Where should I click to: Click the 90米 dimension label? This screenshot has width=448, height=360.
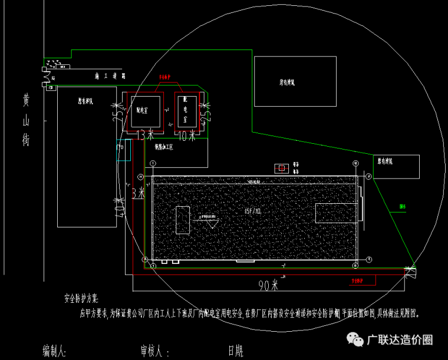pyautogui.click(x=268, y=285)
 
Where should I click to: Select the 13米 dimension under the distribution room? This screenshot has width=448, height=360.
pyautogui.click(x=144, y=136)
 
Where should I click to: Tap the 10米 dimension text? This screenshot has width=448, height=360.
pyautogui.click(x=186, y=136)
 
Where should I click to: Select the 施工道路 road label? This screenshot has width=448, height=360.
pyautogui.click(x=111, y=77)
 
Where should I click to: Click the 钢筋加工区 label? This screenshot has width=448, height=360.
pyautogui.click(x=164, y=147)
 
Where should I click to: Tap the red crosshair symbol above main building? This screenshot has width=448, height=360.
pyautogui.click(x=282, y=169)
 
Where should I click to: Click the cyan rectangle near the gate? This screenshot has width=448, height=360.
pyautogui.click(x=123, y=150)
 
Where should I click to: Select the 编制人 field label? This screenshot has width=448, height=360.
pyautogui.click(x=54, y=351)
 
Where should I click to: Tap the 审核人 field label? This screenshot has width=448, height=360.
pyautogui.click(x=151, y=351)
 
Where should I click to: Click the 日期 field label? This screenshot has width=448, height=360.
pyautogui.click(x=235, y=351)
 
